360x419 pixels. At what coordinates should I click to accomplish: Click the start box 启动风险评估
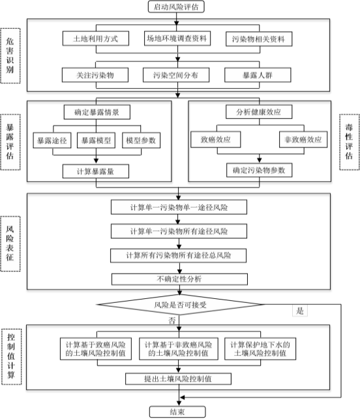176,7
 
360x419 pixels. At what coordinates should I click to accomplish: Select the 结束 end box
177,412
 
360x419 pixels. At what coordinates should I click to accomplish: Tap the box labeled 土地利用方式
96,39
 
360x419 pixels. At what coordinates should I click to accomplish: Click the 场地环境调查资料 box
177,39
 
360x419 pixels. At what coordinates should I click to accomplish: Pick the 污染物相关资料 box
259,39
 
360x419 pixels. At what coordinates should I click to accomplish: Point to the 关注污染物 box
95,75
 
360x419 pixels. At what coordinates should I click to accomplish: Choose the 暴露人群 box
258,75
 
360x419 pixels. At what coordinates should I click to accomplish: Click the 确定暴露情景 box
97,112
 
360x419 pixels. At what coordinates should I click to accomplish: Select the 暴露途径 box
52,140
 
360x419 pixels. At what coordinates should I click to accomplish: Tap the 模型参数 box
141,140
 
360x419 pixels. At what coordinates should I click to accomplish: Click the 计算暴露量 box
96,171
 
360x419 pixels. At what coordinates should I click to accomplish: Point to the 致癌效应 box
215,139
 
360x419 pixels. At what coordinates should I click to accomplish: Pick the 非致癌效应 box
303,139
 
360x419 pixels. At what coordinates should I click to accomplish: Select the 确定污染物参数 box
259,170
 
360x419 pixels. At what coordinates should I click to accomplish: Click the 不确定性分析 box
179,279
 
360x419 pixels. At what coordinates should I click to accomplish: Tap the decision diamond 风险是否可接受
180,304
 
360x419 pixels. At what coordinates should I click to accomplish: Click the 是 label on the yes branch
300,311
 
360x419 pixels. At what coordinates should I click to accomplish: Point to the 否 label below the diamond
172,320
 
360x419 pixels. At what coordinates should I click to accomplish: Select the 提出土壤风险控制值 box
178,379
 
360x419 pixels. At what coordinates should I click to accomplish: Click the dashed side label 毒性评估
350,142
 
